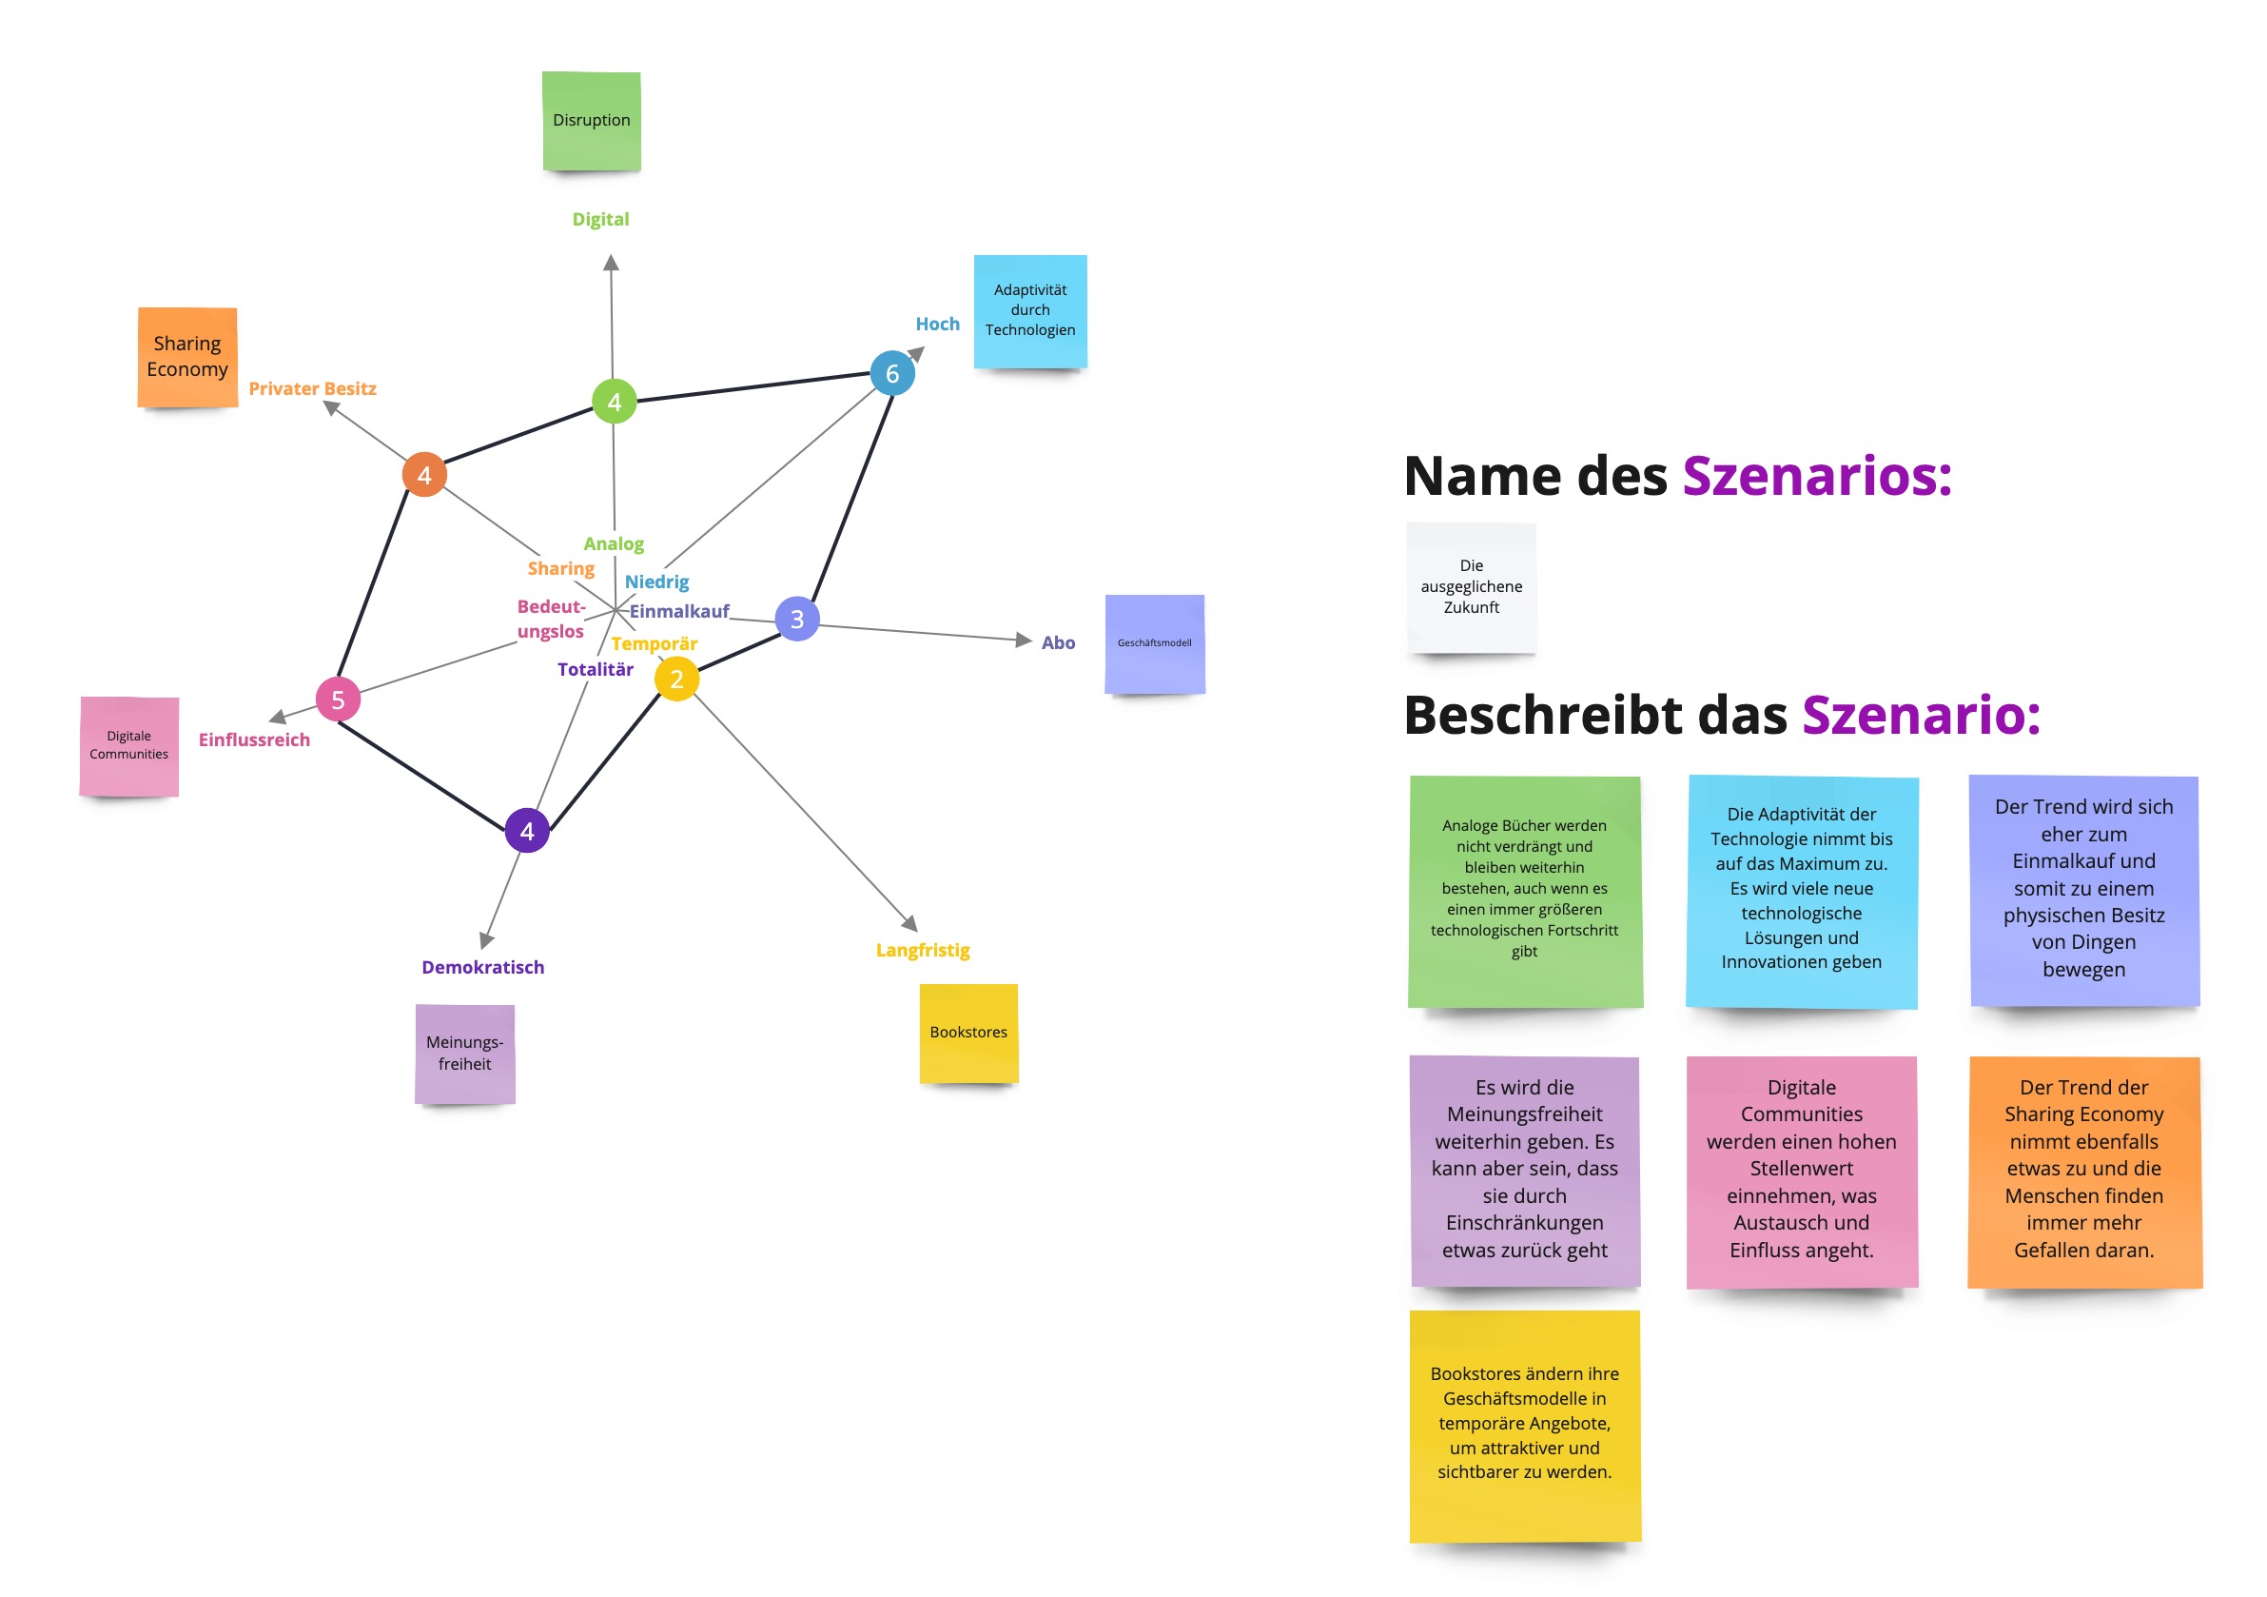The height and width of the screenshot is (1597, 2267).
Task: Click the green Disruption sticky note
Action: click(x=592, y=121)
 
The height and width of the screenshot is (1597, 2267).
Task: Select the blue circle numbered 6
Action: click(x=891, y=373)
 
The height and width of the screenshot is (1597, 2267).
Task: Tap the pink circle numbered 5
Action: click(x=338, y=700)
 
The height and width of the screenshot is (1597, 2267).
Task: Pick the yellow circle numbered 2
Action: click(x=676, y=679)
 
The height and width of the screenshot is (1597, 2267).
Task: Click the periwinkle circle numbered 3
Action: click(x=797, y=620)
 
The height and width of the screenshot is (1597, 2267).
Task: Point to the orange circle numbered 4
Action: click(x=424, y=475)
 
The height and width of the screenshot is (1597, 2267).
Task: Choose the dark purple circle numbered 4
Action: click(x=527, y=831)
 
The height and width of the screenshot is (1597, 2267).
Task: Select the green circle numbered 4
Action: click(x=615, y=401)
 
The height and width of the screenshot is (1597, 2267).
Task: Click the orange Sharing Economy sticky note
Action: click(x=187, y=357)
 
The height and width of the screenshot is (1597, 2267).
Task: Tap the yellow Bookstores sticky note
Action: click(x=968, y=1032)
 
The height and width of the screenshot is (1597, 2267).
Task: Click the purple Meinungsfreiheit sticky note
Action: click(x=465, y=1053)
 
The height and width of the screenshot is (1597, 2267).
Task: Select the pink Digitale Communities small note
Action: click(x=129, y=745)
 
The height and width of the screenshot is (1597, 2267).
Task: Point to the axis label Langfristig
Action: click(x=922, y=950)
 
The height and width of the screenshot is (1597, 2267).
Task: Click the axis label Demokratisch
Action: click(x=483, y=967)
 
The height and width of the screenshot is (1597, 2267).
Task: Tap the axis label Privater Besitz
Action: click(x=312, y=388)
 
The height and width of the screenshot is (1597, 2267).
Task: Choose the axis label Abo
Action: click(x=1058, y=643)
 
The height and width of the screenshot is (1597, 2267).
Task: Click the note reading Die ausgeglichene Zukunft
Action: click(x=1471, y=586)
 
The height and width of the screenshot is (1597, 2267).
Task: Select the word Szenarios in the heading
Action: click(x=1817, y=476)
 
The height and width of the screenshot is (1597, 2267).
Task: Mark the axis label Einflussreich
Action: click(x=254, y=739)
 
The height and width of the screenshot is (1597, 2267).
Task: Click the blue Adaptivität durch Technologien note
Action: click(x=1030, y=310)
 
